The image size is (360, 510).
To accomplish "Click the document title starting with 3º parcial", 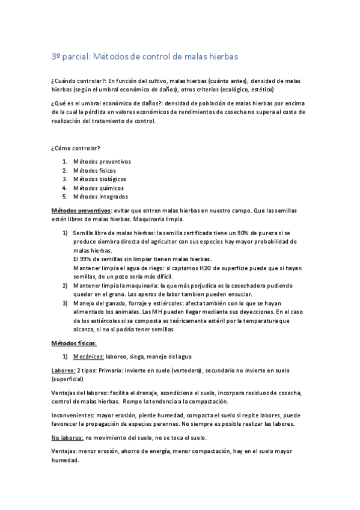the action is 145,57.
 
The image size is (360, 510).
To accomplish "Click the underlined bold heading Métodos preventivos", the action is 81,211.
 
